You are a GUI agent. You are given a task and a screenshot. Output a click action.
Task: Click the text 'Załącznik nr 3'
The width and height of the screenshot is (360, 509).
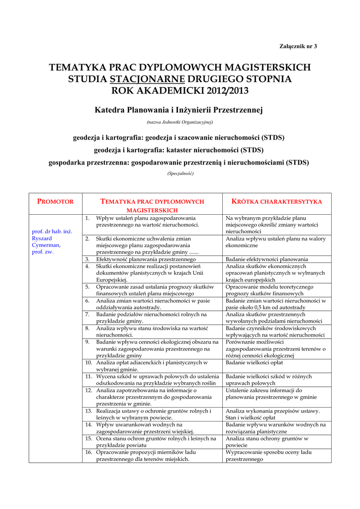(x=297, y=46)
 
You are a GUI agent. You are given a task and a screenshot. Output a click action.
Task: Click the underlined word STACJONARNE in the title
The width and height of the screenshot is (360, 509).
(x=147, y=79)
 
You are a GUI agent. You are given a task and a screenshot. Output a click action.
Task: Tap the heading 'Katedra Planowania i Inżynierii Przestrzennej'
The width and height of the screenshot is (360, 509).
(x=179, y=109)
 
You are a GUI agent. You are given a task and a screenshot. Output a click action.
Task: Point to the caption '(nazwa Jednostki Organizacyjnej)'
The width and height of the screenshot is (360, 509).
(x=180, y=122)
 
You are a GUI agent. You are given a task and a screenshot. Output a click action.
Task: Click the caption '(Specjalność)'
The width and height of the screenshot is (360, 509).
(x=180, y=173)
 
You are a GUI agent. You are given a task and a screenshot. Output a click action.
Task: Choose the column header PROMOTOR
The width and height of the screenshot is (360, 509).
(x=56, y=201)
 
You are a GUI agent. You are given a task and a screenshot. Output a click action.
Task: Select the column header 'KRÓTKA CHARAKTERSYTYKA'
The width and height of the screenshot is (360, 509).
(x=277, y=201)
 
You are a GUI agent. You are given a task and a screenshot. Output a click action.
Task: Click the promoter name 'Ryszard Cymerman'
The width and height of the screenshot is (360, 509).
(x=46, y=242)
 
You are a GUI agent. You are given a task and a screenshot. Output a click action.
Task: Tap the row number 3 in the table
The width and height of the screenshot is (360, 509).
(x=87, y=259)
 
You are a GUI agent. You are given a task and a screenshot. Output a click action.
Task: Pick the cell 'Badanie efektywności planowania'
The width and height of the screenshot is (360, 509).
(x=267, y=259)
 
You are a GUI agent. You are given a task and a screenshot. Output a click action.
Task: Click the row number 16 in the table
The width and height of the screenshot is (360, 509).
(x=88, y=452)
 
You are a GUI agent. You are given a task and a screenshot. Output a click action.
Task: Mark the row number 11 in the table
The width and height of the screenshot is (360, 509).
(x=88, y=376)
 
